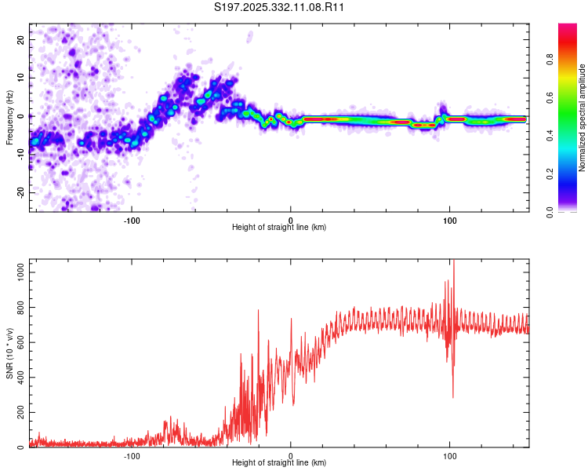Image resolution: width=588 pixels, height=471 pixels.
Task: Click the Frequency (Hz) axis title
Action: (x=9, y=117)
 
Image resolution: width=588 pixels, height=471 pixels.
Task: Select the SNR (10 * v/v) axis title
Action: (x=9, y=353)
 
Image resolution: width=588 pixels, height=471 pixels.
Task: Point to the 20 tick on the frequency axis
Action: (x=22, y=38)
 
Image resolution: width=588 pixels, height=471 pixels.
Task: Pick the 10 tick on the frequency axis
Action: (x=22, y=77)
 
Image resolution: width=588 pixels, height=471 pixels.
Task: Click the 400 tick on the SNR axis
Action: (x=19, y=377)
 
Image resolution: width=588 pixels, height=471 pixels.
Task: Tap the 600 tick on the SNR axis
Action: (x=19, y=341)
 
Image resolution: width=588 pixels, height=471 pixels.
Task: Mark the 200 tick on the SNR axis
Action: (x=19, y=412)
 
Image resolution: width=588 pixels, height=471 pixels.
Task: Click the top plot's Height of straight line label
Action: (x=279, y=228)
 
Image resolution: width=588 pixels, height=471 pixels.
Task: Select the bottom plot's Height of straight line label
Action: (x=279, y=464)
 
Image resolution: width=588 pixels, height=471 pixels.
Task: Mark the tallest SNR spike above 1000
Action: (x=453, y=262)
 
